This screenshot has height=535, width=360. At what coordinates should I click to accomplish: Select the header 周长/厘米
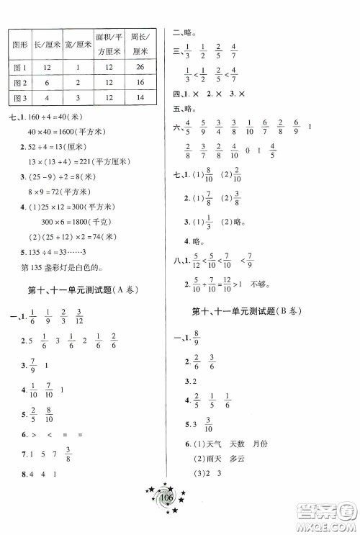coord(132,44)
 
